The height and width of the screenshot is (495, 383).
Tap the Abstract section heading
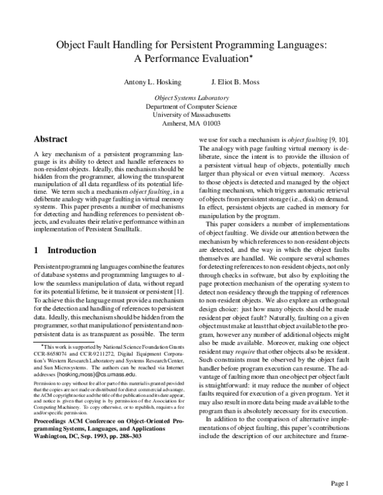51,138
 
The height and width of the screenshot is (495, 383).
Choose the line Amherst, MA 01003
191,124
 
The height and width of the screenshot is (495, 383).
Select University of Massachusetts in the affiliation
191,115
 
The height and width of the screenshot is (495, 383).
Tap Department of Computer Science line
191,107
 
